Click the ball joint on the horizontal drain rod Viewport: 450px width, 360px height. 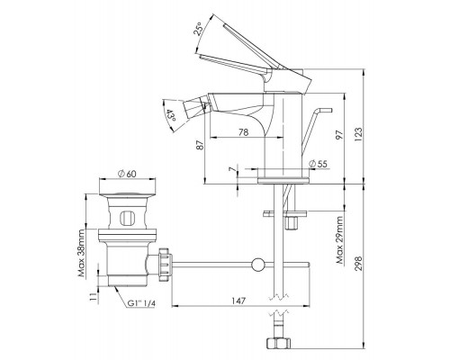pos(259,264)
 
